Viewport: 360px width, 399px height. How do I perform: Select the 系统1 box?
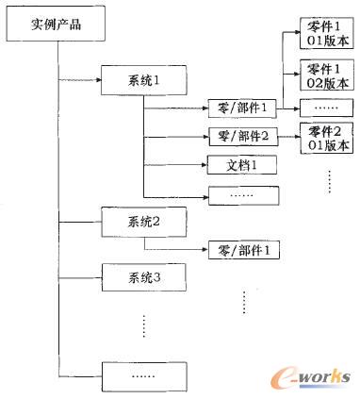[144, 80]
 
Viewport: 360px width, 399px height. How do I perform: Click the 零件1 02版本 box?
[326, 75]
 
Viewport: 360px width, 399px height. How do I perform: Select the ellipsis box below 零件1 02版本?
[326, 108]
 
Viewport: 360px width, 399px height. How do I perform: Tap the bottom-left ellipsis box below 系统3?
[144, 375]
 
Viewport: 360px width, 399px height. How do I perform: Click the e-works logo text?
[317, 378]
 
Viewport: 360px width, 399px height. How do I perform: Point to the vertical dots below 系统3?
[144, 325]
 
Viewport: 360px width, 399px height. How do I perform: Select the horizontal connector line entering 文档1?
[174, 165]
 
